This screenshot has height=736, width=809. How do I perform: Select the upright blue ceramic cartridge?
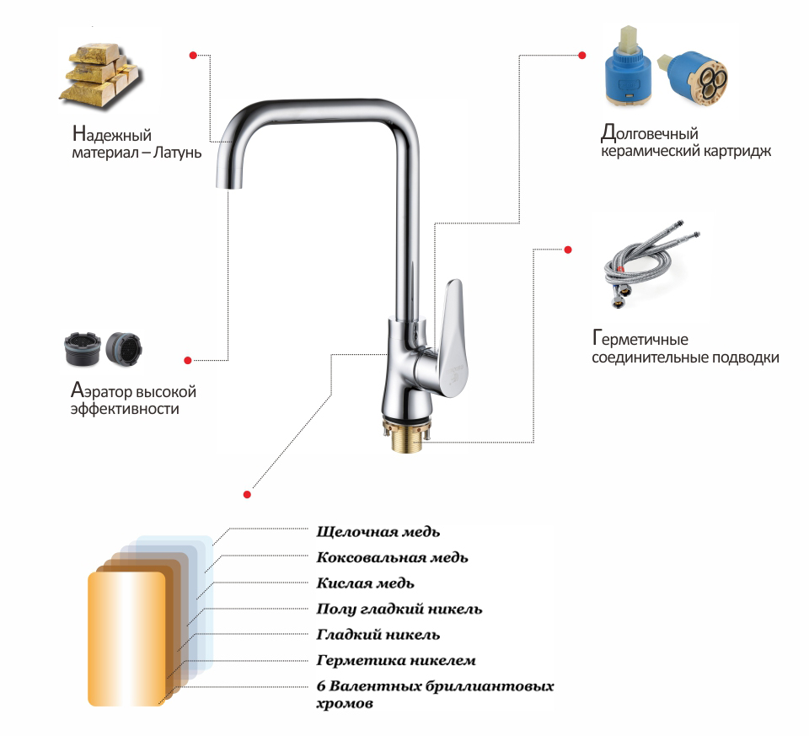point(629,67)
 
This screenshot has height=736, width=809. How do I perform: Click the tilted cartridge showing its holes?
point(693,78)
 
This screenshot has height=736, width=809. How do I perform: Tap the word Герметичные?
point(640,339)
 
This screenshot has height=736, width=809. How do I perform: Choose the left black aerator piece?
point(82,349)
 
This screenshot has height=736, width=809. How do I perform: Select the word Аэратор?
point(102,390)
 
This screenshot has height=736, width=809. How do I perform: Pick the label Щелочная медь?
point(378,532)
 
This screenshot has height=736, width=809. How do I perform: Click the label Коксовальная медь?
point(392,557)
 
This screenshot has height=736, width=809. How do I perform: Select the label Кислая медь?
point(365,583)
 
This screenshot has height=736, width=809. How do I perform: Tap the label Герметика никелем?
point(396,660)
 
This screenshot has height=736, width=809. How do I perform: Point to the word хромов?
point(345,703)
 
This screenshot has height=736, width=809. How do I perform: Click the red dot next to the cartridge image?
point(582,56)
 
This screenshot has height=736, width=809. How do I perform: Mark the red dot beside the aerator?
point(188,360)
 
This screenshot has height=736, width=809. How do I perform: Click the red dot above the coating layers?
point(247,494)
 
